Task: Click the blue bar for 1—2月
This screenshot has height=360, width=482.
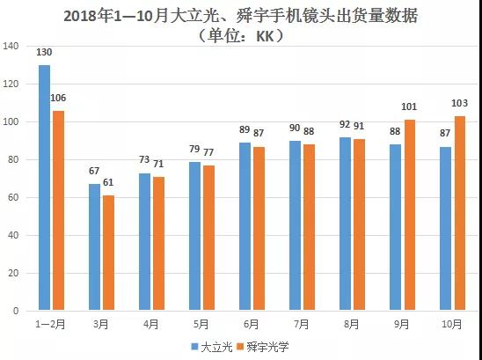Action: (44, 187)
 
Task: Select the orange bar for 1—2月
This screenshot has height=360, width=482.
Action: (58, 210)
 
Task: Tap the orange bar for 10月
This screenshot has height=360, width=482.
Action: (459, 213)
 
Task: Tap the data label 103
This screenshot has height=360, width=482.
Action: (460, 106)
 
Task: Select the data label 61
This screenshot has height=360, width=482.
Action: (109, 184)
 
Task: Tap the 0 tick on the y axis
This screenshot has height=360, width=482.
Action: (16, 311)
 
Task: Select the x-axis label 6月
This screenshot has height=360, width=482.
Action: (252, 324)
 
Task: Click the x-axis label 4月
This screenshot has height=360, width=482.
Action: (152, 324)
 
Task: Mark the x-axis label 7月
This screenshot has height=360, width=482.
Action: (303, 324)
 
